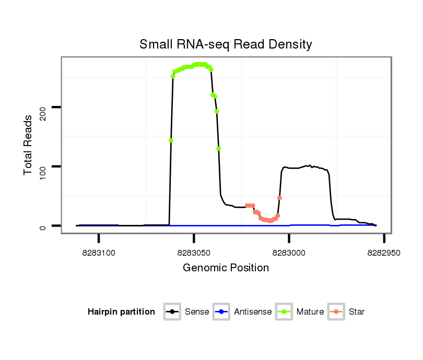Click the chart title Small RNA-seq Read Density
click(226, 44)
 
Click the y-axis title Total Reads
click(29, 145)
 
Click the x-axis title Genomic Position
click(226, 268)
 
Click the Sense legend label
click(197, 312)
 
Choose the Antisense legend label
click(253, 312)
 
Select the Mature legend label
click(310, 312)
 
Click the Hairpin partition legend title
click(121, 312)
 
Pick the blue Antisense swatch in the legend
click(222, 312)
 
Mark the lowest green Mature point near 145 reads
click(171, 140)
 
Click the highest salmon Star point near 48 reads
click(280, 198)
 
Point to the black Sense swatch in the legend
click(173, 312)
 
